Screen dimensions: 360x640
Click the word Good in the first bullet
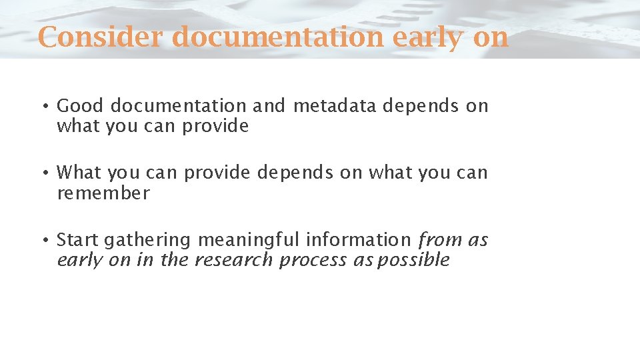pyautogui.click(x=81, y=106)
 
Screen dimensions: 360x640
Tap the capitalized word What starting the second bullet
pyautogui.click(x=79, y=173)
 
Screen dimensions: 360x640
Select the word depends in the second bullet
pyautogui.click(x=295, y=173)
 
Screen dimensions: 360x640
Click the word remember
pyautogui.click(x=103, y=193)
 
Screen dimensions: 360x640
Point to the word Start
pyautogui.click(x=77, y=239)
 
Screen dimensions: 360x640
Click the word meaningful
pyautogui.click(x=248, y=240)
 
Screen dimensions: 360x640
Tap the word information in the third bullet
pyautogui.click(x=358, y=239)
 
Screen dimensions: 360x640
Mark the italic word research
pyautogui.click(x=233, y=260)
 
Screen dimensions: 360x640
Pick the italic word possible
pyautogui.click(x=413, y=260)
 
